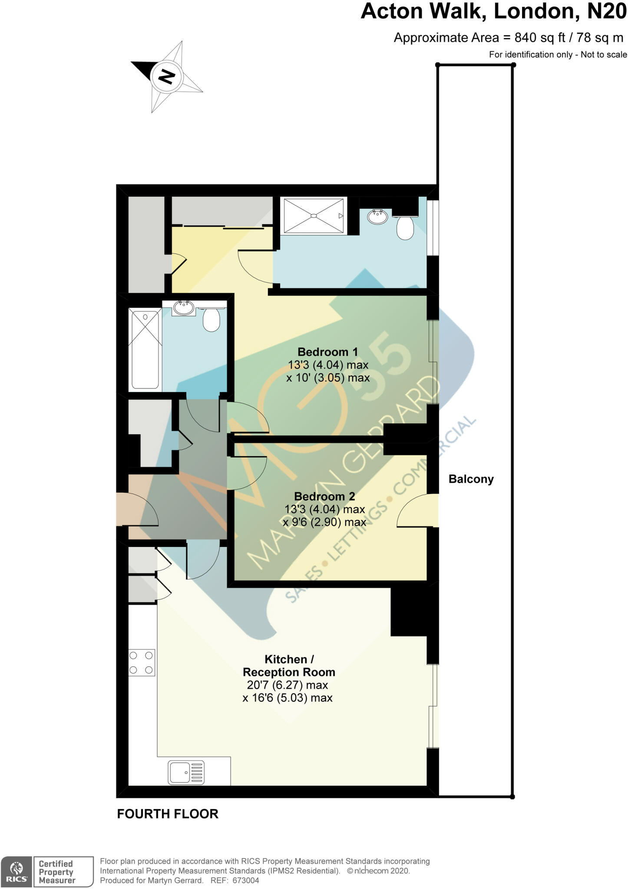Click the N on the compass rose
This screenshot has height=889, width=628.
click(167, 76)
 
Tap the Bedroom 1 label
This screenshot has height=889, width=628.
click(328, 352)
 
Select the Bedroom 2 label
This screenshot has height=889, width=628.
click(324, 496)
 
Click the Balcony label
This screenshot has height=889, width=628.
click(471, 479)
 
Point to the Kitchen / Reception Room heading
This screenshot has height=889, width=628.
click(289, 665)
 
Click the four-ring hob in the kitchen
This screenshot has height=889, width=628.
click(142, 662)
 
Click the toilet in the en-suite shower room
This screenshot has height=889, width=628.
click(405, 227)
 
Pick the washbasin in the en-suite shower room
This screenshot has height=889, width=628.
click(378, 216)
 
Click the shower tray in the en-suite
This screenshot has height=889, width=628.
click(314, 216)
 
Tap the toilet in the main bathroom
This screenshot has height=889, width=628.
click(212, 319)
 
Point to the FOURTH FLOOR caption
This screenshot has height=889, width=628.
click(168, 814)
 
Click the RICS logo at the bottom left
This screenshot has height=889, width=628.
click(16, 871)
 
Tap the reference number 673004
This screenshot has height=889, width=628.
click(245, 880)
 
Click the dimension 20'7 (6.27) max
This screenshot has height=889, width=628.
click(288, 685)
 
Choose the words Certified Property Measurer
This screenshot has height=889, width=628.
click(57, 872)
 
